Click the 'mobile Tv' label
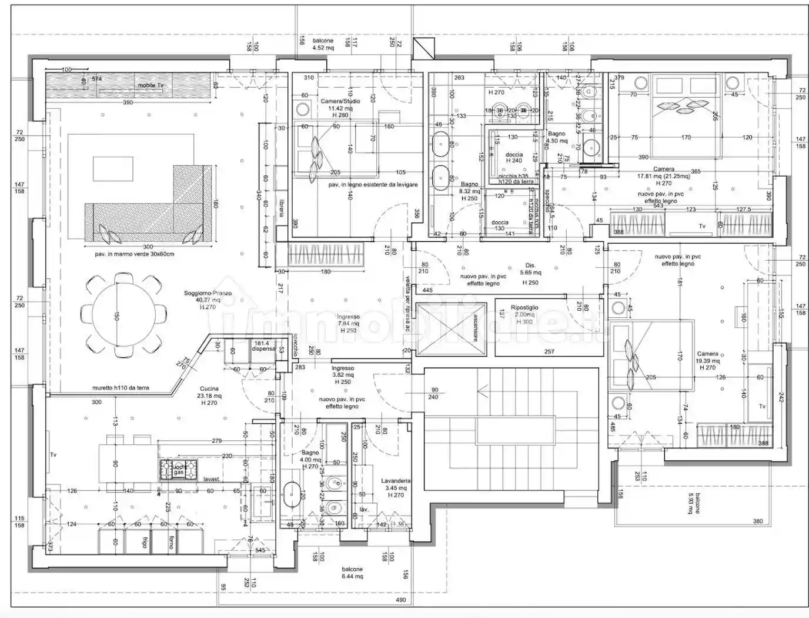click(x=151, y=85)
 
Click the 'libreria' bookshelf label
click(x=282, y=208)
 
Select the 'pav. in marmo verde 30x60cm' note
click(x=135, y=254)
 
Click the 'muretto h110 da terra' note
click(x=120, y=388)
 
